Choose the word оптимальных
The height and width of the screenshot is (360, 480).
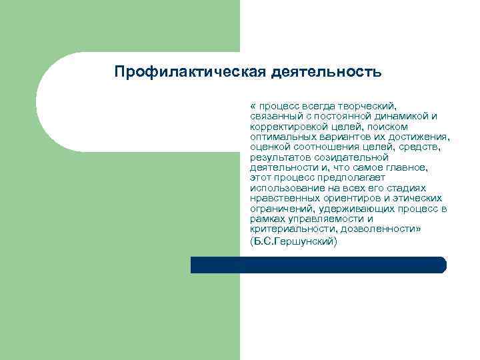point(281,137)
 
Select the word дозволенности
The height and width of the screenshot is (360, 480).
point(384,229)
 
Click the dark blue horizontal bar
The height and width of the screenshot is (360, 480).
point(318,265)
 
